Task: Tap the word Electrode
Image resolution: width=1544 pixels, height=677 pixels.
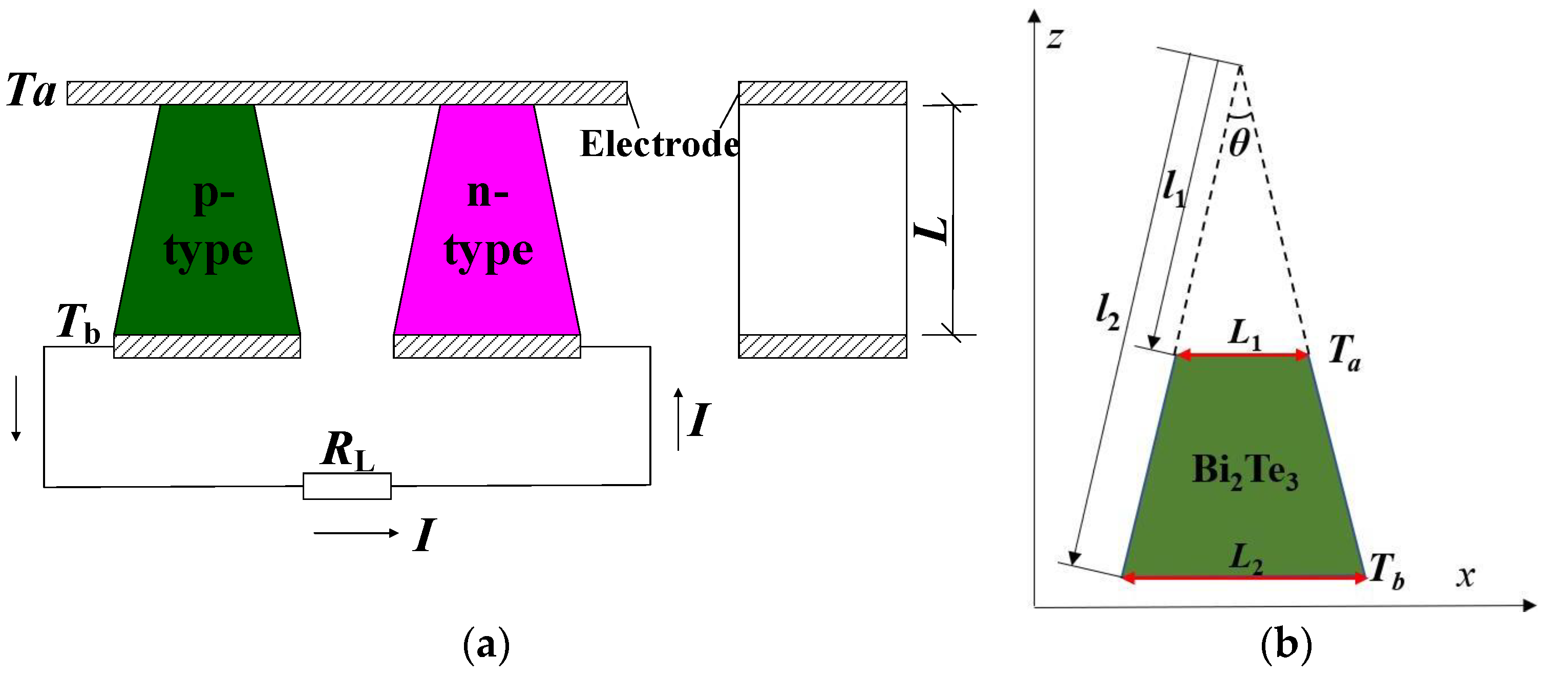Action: coord(659,144)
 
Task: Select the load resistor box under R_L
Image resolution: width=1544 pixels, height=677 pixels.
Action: coord(347,486)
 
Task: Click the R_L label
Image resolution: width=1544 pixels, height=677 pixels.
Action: coord(348,450)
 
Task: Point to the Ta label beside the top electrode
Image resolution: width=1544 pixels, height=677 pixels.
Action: coord(31,91)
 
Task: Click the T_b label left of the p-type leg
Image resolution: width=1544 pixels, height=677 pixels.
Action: coord(78,323)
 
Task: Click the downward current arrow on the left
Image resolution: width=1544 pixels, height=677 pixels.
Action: coord(16,408)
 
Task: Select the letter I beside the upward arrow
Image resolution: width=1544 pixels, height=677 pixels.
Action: coord(699,420)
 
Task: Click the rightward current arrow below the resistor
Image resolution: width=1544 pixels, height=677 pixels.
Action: coord(356,533)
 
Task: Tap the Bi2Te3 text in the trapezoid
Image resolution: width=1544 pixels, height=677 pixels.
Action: coord(1245,471)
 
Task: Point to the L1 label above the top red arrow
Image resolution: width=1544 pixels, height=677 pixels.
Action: coord(1244,334)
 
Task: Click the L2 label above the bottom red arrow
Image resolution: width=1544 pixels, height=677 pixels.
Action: coord(1245,558)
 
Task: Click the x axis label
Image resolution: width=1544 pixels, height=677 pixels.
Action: coord(1466,576)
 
